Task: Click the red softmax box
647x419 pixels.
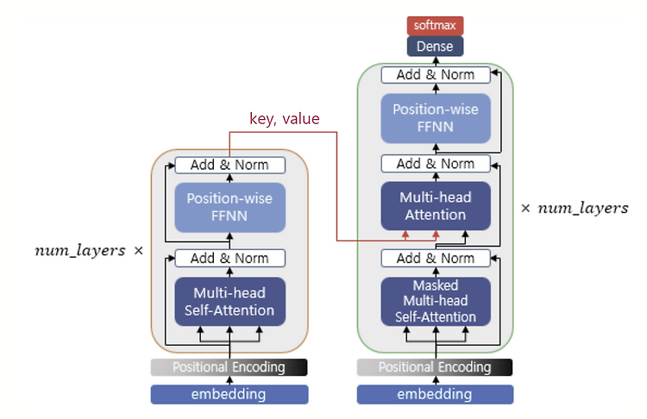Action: point(435,26)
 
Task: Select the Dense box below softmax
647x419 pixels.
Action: point(435,47)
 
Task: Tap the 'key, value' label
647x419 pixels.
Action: point(285,119)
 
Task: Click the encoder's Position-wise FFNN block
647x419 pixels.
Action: point(229,208)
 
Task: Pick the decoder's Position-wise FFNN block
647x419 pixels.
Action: point(436,118)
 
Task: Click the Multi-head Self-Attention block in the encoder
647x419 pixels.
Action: point(229,302)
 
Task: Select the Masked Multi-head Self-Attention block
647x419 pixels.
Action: point(436,302)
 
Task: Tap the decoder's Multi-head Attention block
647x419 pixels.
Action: point(436,206)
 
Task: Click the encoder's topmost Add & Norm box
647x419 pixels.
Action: point(229,165)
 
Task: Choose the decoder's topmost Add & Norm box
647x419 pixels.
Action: point(436,75)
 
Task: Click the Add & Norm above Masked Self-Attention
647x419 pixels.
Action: point(436,258)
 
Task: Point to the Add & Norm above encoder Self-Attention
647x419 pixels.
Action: point(229,258)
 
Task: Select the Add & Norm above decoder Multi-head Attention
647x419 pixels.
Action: point(436,164)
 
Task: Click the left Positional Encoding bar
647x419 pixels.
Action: point(229,367)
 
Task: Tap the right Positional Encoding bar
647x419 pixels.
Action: point(435,367)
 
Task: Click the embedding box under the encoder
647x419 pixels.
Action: point(229,394)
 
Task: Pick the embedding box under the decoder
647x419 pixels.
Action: point(435,394)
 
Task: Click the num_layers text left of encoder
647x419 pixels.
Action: point(80,250)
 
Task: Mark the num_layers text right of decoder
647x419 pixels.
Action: point(583,209)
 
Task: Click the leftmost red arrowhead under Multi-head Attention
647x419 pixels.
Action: point(405,235)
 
